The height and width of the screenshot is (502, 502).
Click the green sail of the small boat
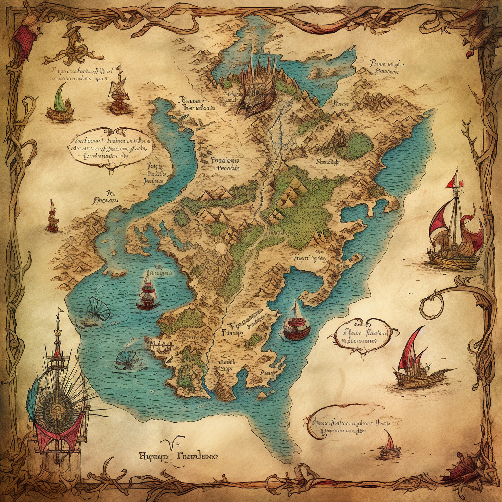coord(60,99)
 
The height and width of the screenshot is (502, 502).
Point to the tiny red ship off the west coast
coord(52,218)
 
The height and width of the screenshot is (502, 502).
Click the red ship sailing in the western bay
coord(148,293)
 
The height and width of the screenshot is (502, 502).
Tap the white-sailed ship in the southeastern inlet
coord(296,322)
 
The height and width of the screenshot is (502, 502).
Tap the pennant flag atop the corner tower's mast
coord(60,312)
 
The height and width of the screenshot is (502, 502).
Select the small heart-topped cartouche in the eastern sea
coord(361,335)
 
